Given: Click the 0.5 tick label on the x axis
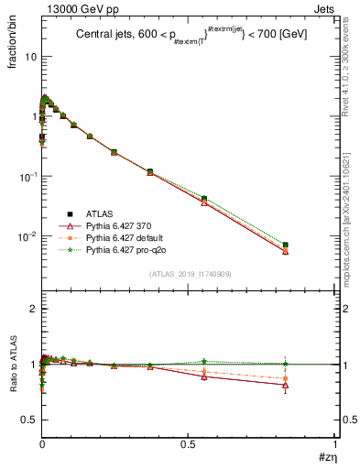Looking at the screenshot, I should [189, 444].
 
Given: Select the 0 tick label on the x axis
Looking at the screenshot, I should [41, 444].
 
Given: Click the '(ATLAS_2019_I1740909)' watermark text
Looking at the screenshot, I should [189, 274].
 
